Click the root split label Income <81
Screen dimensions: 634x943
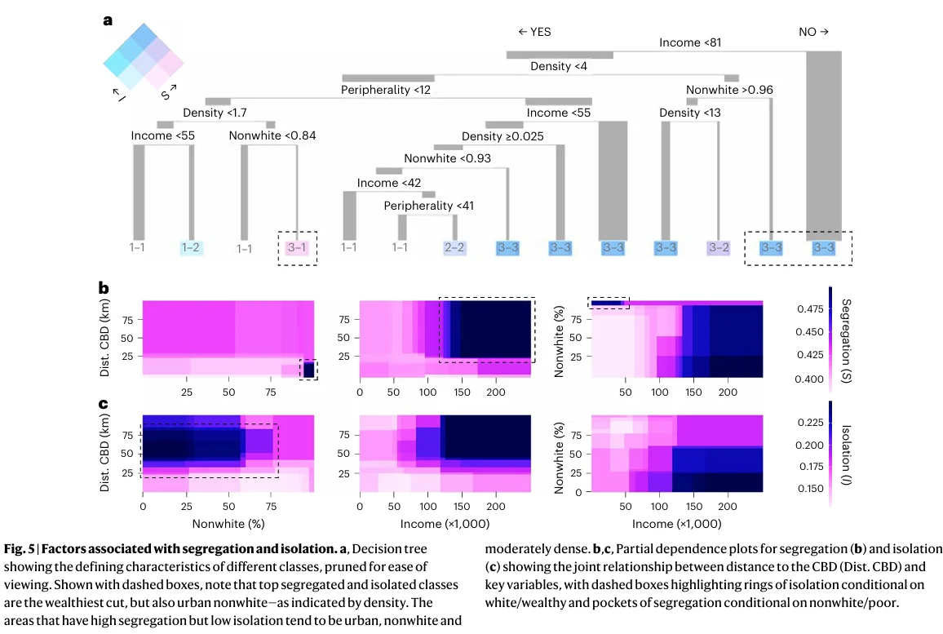click(690, 42)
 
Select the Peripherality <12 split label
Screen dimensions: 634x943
click(386, 89)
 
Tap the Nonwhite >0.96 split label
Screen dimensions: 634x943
click(729, 90)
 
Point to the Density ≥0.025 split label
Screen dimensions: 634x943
click(502, 135)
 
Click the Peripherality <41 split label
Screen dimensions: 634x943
click(429, 205)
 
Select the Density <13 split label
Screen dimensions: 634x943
click(690, 112)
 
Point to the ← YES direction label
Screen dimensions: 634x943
click(534, 32)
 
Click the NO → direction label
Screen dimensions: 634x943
click(813, 32)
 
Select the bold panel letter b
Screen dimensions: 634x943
click(104, 288)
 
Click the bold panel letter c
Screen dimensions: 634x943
click(104, 403)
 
